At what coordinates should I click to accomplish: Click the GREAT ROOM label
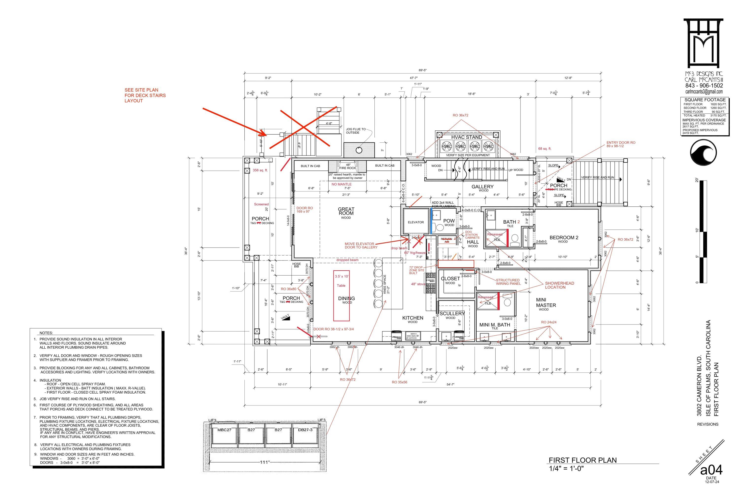[346, 211]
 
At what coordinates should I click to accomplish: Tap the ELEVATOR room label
[416, 222]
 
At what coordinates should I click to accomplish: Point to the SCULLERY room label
[452, 313]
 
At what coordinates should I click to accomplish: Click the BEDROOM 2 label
[564, 238]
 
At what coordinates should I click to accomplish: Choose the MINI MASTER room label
[546, 303]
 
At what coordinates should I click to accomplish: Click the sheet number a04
[711, 470]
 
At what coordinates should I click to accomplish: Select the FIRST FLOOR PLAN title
[583, 460]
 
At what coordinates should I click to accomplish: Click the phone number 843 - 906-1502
[704, 85]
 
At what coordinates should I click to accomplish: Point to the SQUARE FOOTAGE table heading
[705, 100]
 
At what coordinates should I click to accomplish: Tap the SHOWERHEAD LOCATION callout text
[559, 285]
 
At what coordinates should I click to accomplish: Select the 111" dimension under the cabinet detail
[265, 462]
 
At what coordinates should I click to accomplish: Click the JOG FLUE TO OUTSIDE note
[355, 131]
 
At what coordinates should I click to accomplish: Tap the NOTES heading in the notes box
[46, 333]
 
